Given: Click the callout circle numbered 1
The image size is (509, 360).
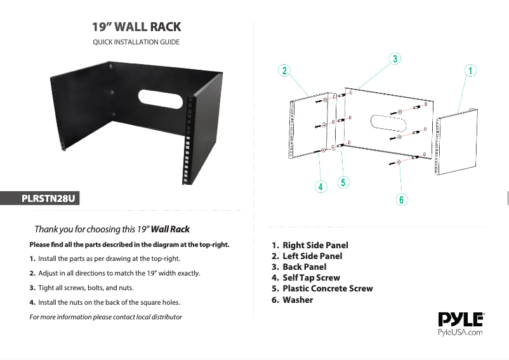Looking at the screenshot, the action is click(470, 70).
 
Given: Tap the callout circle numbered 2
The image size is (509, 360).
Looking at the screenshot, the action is click(284, 70).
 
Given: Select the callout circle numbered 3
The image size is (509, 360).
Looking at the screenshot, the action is click(395, 59).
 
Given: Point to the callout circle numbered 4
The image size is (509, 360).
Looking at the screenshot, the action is click(321, 187).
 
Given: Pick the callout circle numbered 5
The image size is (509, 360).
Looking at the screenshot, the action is click(343, 182).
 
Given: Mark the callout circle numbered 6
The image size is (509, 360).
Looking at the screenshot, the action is click(402, 199).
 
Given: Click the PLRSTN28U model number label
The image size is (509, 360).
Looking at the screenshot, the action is click(48, 198).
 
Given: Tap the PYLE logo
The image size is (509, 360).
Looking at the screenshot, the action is click(461, 319).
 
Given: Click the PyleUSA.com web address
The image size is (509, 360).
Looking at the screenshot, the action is click(460, 332).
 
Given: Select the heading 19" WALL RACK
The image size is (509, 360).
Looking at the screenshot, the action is click(136, 27).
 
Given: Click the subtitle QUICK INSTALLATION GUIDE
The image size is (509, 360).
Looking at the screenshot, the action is click(136, 42).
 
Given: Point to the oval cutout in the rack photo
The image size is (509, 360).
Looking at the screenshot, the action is click(161, 99).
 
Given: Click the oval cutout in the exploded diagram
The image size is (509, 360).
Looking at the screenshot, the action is click(388, 123).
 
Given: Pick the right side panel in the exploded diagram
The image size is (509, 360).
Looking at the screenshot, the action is click(456, 142).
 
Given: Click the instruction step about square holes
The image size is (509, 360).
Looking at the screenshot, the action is click(105, 302).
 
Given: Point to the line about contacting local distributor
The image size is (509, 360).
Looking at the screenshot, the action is click(105, 317).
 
